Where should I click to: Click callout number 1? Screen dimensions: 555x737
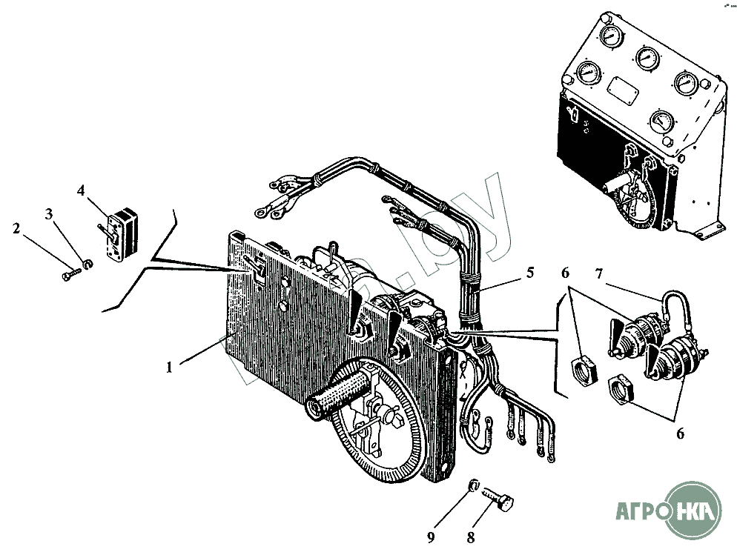click(169, 367)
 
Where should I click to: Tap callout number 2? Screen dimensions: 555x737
click(16, 229)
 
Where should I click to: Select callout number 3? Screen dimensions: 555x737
click(49, 215)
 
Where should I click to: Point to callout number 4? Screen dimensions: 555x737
click(81, 191)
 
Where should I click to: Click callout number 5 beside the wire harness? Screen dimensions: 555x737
click(530, 272)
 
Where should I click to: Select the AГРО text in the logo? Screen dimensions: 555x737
click(642, 511)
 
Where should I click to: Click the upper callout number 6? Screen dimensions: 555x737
click(566, 273)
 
